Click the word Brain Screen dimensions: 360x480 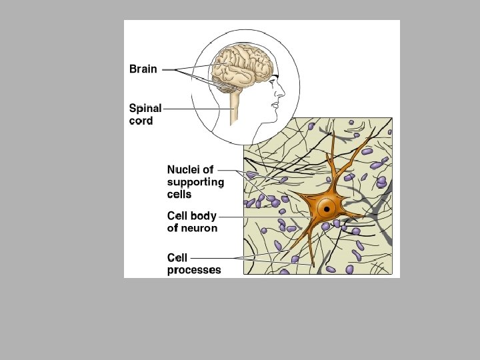[143, 69]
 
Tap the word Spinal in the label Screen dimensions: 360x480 [145, 108]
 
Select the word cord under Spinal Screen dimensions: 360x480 [141, 121]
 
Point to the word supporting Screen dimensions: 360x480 [195, 182]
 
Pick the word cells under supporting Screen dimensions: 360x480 [179, 195]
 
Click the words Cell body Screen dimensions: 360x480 [191, 216]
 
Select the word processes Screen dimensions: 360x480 [194, 270]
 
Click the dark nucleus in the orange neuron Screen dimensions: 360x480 [327, 209]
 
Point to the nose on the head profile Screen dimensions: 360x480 [283, 89]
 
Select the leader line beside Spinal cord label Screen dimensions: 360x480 [193, 108]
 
